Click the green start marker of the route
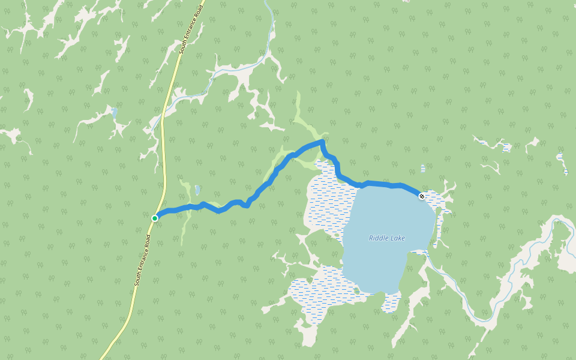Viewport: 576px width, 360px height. tap(155, 218)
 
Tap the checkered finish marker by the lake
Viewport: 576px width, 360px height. tap(422, 196)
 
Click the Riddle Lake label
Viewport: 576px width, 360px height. tap(386, 238)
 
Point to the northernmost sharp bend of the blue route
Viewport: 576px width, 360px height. tap(322, 142)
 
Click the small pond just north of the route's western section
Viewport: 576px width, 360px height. tap(197, 190)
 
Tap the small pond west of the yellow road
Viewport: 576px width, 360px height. tap(115, 112)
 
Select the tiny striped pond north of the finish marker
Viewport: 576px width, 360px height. tap(423, 168)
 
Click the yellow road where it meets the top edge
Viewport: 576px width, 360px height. tap(202, 2)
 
